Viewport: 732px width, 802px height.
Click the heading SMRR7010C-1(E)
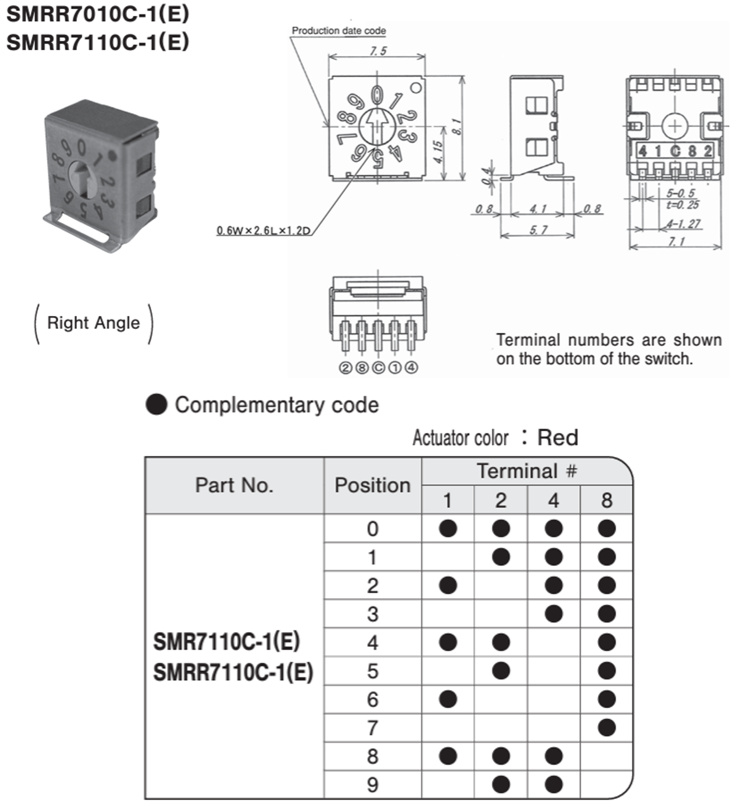pyautogui.click(x=98, y=14)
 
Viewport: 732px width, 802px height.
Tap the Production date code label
pyautogui.click(x=339, y=31)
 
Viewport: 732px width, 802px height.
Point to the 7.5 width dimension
pyautogui.click(x=378, y=51)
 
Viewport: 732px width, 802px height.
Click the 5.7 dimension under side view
pyautogui.click(x=538, y=230)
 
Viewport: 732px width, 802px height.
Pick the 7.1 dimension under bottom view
pyautogui.click(x=676, y=242)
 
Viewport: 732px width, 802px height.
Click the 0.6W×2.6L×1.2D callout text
pyautogui.click(x=263, y=230)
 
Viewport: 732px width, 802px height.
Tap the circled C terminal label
pyautogui.click(x=378, y=368)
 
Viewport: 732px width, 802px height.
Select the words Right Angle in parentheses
pyautogui.click(x=94, y=323)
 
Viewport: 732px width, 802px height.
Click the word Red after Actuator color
pyautogui.click(x=557, y=437)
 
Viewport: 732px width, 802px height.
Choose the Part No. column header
pyautogui.click(x=234, y=485)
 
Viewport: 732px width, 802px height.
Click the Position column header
pyautogui.click(x=373, y=485)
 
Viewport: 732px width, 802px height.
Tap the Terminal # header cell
pyautogui.click(x=526, y=471)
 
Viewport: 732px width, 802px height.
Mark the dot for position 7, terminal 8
pyautogui.click(x=606, y=728)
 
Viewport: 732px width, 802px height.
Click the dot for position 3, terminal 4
pyautogui.click(x=554, y=614)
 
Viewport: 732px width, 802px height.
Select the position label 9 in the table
pyautogui.click(x=373, y=785)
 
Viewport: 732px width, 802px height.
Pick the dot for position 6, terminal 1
pyautogui.click(x=448, y=699)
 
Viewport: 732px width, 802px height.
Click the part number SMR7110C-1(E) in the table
pyautogui.click(x=226, y=642)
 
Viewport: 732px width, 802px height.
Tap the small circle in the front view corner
pyautogui.click(x=416, y=88)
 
